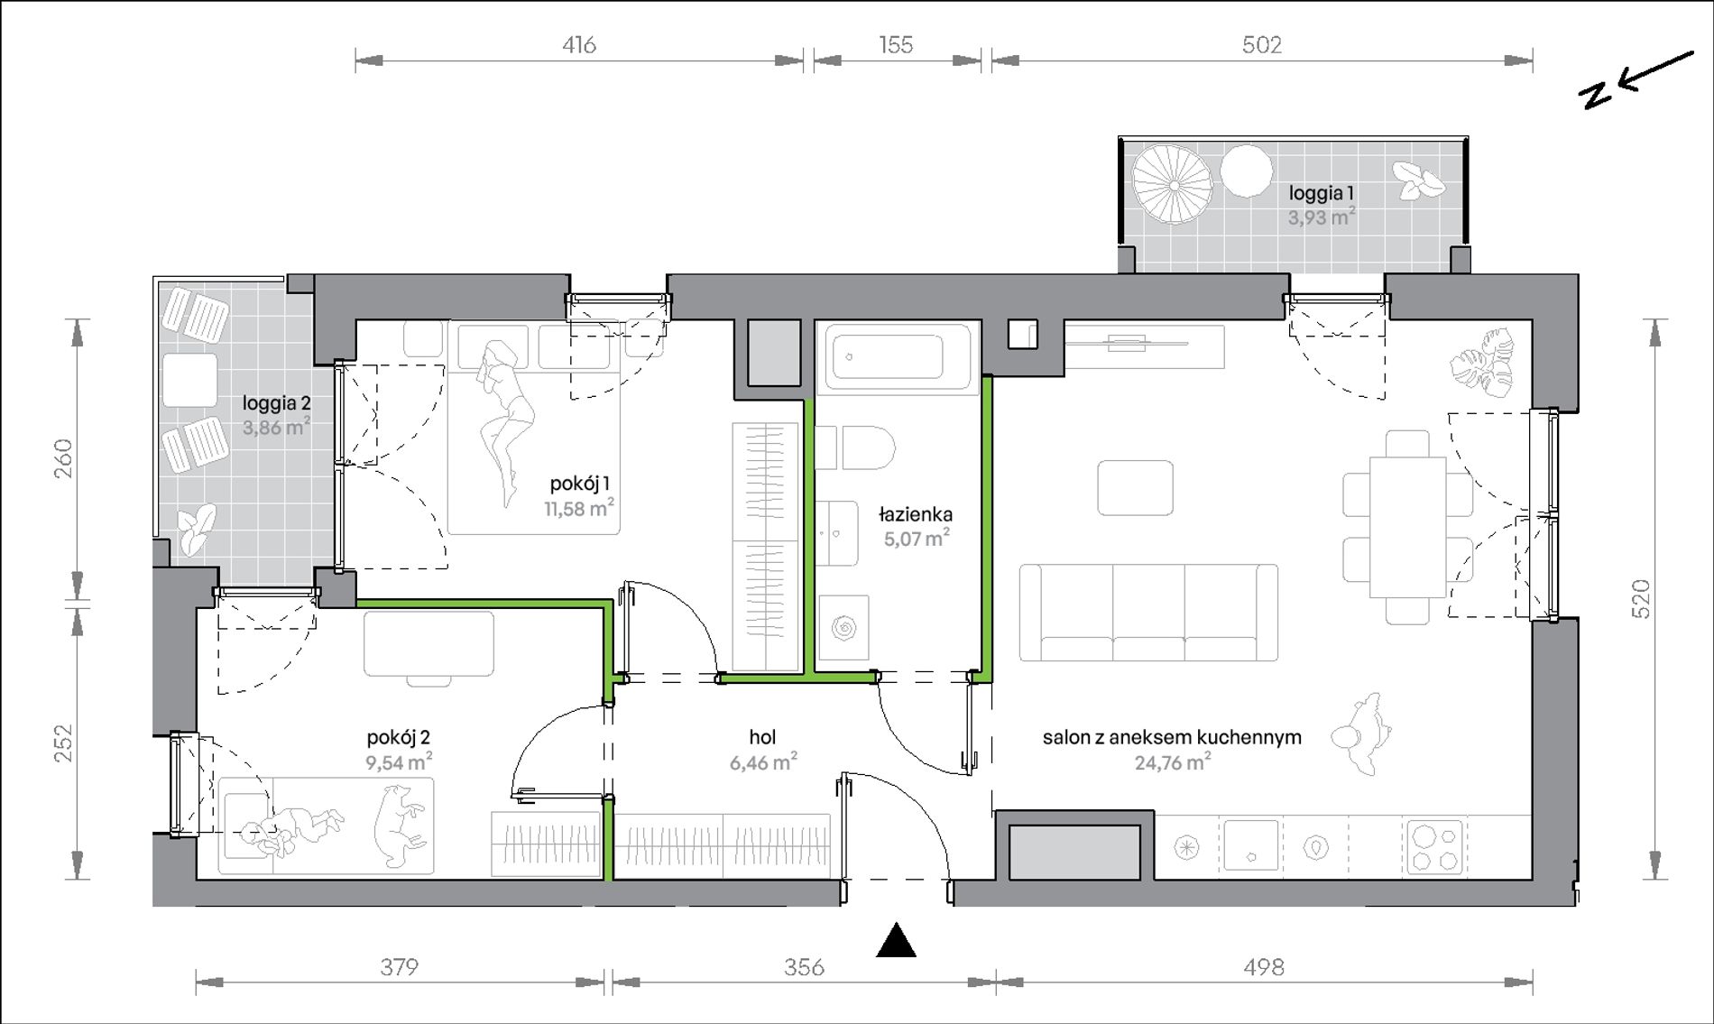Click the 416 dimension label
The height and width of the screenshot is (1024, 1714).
pos(579,44)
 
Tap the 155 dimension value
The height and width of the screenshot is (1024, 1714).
pos(896,44)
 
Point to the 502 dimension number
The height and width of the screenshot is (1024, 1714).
pos(1261,44)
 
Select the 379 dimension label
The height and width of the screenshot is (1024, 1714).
pos(399,967)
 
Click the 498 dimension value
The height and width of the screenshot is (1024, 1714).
pos(1263,967)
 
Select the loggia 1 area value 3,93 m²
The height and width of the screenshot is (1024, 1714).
pos(1322,217)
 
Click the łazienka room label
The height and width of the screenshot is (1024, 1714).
pos(916,514)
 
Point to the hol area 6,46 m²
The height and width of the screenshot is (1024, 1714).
pos(763,762)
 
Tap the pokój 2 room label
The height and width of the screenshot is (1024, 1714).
pos(399,737)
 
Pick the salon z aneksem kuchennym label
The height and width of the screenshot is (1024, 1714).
pos(1172,737)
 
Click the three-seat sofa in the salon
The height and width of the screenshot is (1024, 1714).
pos(1148,613)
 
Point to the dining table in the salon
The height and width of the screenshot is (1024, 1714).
pos(1408,527)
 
